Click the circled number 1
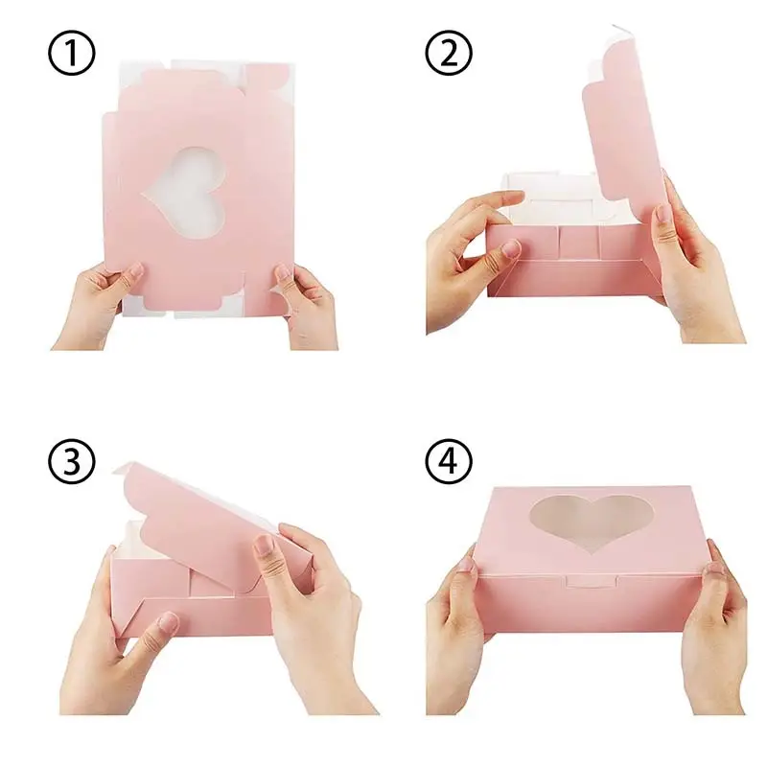(x=72, y=56)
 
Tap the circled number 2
(x=450, y=56)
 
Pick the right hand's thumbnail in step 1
(x=285, y=274)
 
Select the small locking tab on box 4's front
(x=582, y=579)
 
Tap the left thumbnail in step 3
(x=168, y=623)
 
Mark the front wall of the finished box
(x=585, y=604)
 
